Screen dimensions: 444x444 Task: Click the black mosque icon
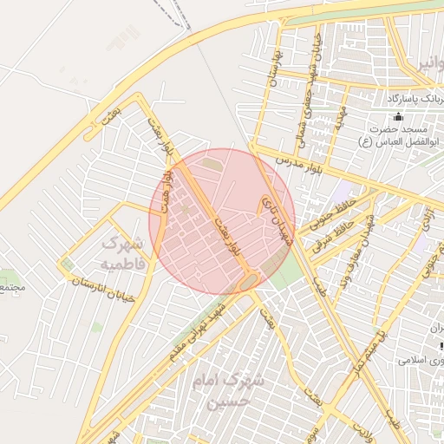[x=399, y=117]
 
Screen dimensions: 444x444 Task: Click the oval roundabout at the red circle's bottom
[x=249, y=281]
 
